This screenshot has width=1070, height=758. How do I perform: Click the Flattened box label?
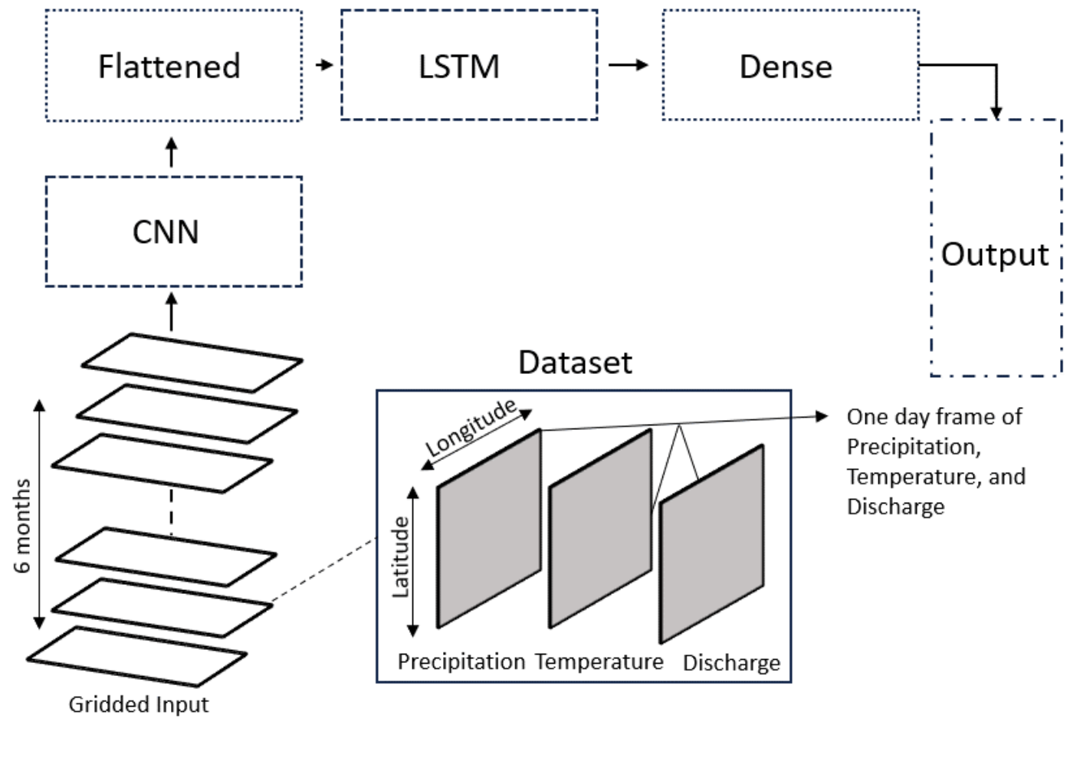click(169, 66)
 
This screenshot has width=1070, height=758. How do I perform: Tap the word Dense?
click(786, 67)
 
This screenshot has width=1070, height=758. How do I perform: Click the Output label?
click(994, 254)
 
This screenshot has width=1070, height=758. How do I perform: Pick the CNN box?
click(166, 231)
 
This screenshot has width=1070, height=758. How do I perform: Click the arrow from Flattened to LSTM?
click(325, 65)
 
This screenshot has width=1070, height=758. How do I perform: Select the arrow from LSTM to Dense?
click(629, 65)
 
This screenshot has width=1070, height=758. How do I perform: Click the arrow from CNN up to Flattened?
click(171, 152)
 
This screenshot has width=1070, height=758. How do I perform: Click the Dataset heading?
click(575, 363)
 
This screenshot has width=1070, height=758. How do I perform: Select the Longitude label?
click(471, 428)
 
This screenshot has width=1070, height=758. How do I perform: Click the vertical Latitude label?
click(400, 557)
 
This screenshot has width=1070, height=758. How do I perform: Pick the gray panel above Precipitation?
click(489, 529)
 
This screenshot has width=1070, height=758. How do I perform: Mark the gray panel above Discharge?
click(712, 544)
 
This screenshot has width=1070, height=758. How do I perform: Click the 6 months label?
click(23, 526)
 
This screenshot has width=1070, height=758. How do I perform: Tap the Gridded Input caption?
click(139, 704)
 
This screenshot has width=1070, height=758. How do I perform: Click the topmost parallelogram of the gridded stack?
click(192, 362)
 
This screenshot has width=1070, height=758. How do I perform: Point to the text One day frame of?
click(934, 417)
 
